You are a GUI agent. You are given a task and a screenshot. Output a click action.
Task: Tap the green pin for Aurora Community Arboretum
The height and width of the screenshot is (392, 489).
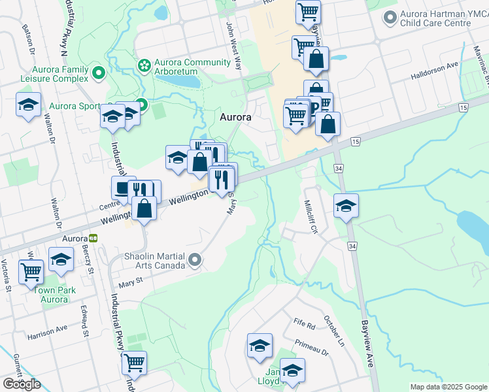(x=143, y=64)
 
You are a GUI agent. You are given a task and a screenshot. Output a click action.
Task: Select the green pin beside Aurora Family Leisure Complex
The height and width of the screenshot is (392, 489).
(x=99, y=73)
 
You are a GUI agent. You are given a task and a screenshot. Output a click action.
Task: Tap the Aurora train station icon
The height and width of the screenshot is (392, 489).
(x=94, y=238)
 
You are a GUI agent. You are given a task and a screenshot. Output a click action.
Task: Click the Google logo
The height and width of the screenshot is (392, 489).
(x=22, y=384)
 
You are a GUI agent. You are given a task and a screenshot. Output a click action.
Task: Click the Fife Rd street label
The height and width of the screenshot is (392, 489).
(x=304, y=323)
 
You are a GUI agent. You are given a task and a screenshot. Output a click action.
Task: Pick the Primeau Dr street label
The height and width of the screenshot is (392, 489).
(x=311, y=346)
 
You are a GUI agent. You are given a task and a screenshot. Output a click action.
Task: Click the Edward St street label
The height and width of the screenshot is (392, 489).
(x=84, y=321)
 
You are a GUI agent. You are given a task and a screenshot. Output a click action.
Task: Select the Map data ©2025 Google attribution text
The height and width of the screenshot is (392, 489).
(x=448, y=387)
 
